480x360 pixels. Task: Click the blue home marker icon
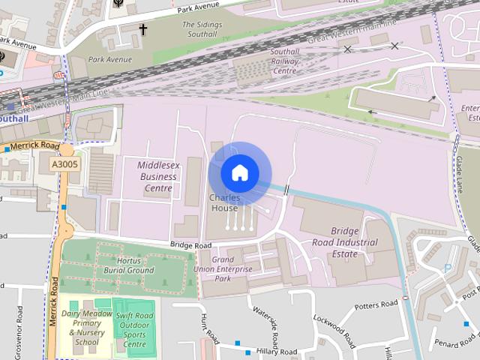pyautogui.click(x=240, y=173)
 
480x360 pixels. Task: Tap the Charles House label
pyautogui.click(x=224, y=203)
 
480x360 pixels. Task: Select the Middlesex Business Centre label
pyautogui.click(x=157, y=177)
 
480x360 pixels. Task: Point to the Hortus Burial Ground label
pyautogui.click(x=124, y=265)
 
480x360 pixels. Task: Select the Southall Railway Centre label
pyautogui.click(x=283, y=62)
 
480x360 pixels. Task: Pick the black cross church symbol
pyautogui.click(x=142, y=29)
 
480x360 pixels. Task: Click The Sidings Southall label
pyautogui.click(x=202, y=29)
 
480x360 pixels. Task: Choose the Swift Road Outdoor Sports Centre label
pyautogui.click(x=135, y=330)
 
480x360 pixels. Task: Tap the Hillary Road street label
pyautogui.click(x=276, y=351)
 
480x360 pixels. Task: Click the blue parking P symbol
pyautogui.click(x=448, y=268)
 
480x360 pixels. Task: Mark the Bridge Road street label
pyautogui.click(x=190, y=245)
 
